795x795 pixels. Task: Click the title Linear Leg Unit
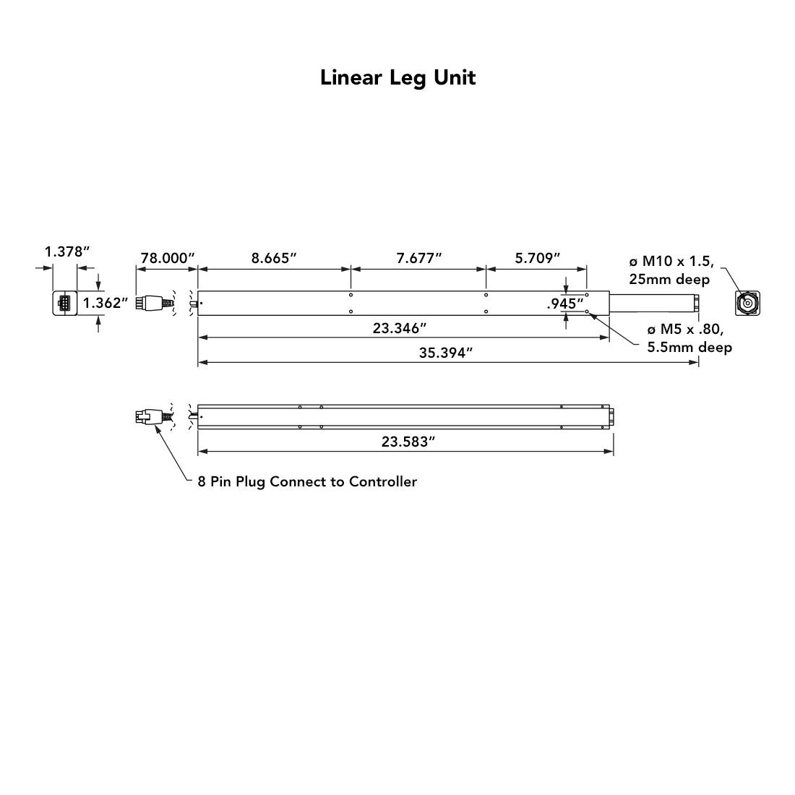tap(398, 77)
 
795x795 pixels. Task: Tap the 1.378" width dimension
tap(67, 252)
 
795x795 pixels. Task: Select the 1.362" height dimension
tap(106, 303)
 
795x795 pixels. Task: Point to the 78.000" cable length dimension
tap(168, 258)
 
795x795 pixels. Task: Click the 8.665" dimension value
tap(274, 258)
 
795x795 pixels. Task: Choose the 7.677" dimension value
tap(419, 258)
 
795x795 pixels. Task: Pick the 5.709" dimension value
tap(538, 258)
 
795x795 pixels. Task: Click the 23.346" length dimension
tap(400, 328)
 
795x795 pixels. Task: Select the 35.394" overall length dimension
tap(446, 353)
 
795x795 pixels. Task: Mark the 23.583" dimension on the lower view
tap(408, 442)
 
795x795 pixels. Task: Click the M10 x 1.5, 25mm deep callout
tap(671, 270)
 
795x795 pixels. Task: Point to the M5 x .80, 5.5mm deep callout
tap(689, 338)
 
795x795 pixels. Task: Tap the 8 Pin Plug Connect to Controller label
tap(307, 481)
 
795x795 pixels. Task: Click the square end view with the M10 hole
tap(748, 304)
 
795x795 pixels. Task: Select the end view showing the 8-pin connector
tap(65, 304)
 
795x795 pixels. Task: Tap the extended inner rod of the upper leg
tap(654, 304)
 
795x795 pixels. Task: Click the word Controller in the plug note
tap(383, 481)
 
